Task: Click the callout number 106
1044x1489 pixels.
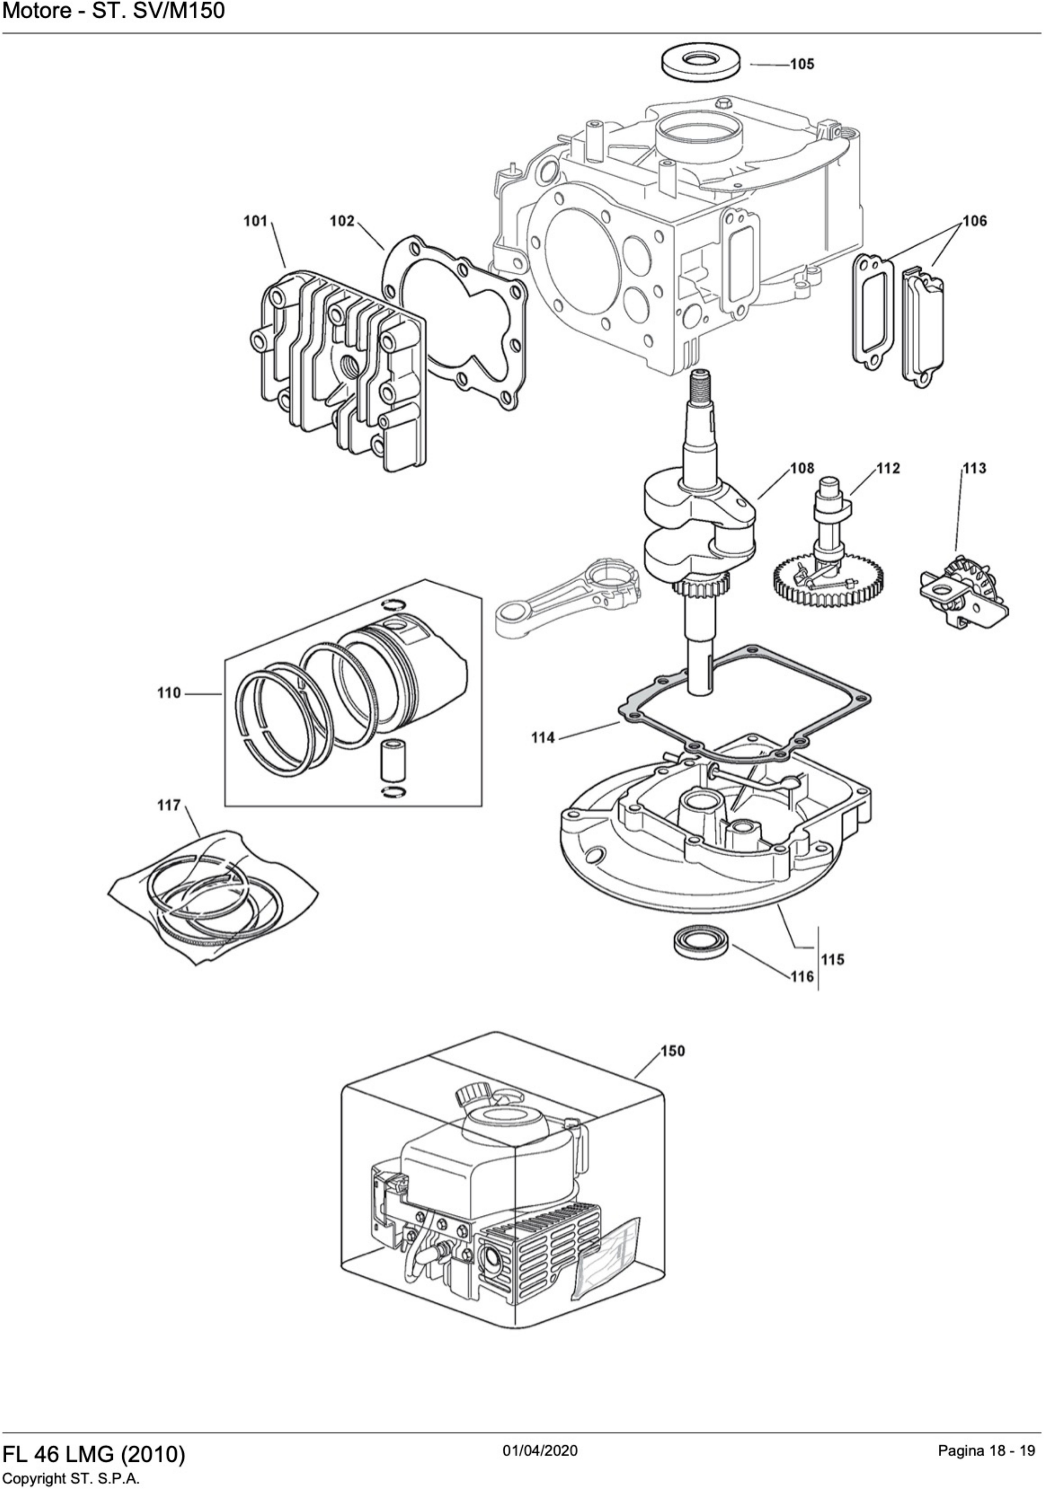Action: (974, 221)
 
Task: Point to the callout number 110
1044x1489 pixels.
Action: (169, 693)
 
